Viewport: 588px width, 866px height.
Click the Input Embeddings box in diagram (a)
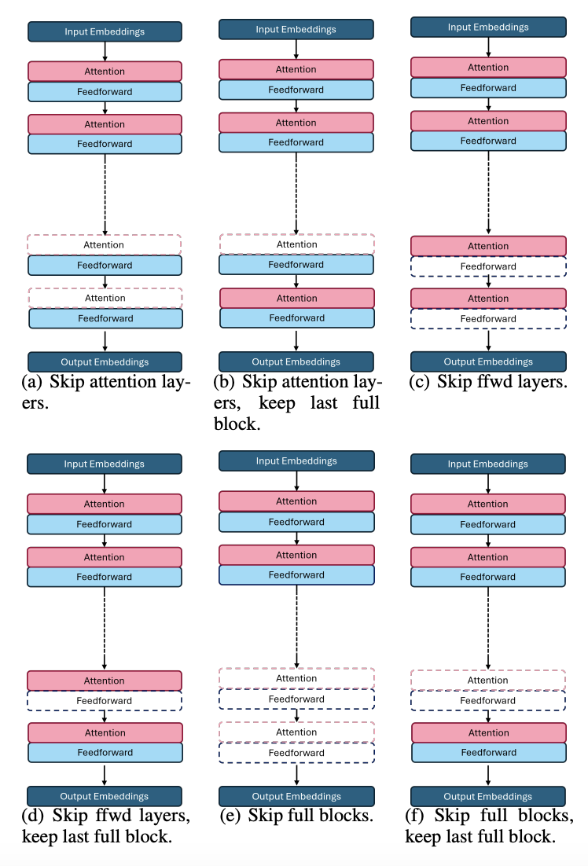pyautogui.click(x=105, y=32)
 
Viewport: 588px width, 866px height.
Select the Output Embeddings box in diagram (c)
pyautogui.click(x=488, y=361)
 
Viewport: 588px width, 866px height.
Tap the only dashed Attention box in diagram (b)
pyautogui.click(x=296, y=244)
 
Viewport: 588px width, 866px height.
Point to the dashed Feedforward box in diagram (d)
pyautogui.click(x=105, y=700)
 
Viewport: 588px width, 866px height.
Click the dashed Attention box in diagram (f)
pyautogui.click(x=488, y=680)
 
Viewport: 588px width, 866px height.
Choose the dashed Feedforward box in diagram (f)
pyautogui.click(x=488, y=700)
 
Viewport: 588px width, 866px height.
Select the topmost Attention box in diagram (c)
pyautogui.click(x=488, y=67)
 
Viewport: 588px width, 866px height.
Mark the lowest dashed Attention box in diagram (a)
pyautogui.click(x=105, y=298)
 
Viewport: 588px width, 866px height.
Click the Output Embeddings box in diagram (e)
pyautogui.click(x=296, y=796)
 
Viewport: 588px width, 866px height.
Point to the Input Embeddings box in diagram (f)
pyautogui.click(x=488, y=464)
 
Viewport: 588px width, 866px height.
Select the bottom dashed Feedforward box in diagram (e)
pyautogui.click(x=296, y=752)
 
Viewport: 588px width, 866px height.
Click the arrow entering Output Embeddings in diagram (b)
pyautogui.click(x=296, y=339)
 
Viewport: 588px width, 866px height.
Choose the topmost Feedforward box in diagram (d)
pyautogui.click(x=105, y=524)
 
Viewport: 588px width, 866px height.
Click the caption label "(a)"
pyautogui.click(x=38, y=383)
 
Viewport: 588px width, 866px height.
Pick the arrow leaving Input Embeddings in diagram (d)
pyautogui.click(x=105, y=483)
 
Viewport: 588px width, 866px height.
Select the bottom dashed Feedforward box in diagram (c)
pyautogui.click(x=488, y=318)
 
